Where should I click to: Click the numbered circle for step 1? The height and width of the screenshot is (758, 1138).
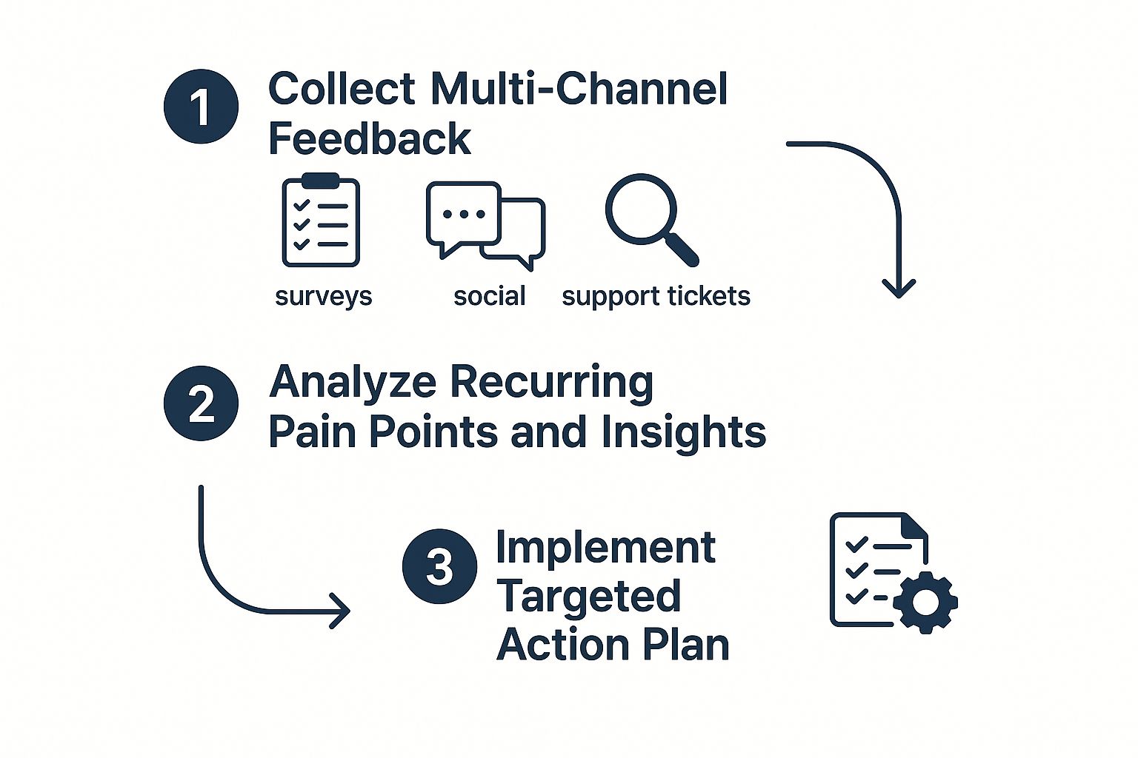click(x=201, y=107)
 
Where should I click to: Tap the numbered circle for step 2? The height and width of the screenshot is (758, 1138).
click(x=201, y=403)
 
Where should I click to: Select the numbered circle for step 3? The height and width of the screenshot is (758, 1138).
click(x=439, y=566)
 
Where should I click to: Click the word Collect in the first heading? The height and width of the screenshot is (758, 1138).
click(x=342, y=89)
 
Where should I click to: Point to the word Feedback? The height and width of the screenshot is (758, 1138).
click(x=369, y=138)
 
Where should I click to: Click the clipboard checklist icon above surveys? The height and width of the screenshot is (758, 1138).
click(x=321, y=221)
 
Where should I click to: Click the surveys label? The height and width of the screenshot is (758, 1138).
click(x=323, y=296)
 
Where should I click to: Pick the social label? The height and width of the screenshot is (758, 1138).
click(x=489, y=296)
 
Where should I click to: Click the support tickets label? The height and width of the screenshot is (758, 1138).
click(x=656, y=296)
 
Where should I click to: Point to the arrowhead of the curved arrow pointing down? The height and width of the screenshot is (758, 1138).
click(x=899, y=289)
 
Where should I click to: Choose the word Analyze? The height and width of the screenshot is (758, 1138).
click(x=353, y=383)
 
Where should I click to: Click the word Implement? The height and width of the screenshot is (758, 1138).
click(x=605, y=548)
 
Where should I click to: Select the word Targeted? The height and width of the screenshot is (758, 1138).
click(x=588, y=597)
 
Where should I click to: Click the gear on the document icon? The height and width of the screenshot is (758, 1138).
click(x=925, y=601)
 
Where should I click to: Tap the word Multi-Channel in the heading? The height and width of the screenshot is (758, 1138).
click(x=579, y=89)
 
